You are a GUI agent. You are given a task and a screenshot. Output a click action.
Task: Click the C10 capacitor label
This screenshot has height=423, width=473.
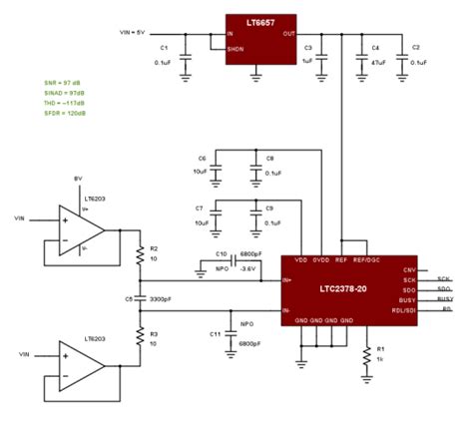pos(222,254)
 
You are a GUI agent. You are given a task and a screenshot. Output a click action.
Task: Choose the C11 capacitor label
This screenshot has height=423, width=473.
pos(214,336)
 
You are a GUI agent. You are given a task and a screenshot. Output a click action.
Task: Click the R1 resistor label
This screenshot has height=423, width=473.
pos(379,350)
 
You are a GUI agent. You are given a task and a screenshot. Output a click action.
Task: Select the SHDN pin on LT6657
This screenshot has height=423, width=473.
pos(236,48)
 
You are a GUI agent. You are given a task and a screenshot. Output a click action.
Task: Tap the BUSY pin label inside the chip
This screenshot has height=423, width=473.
pos(406,299)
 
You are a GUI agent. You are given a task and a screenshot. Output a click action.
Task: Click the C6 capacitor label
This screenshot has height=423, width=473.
pos(202,159)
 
